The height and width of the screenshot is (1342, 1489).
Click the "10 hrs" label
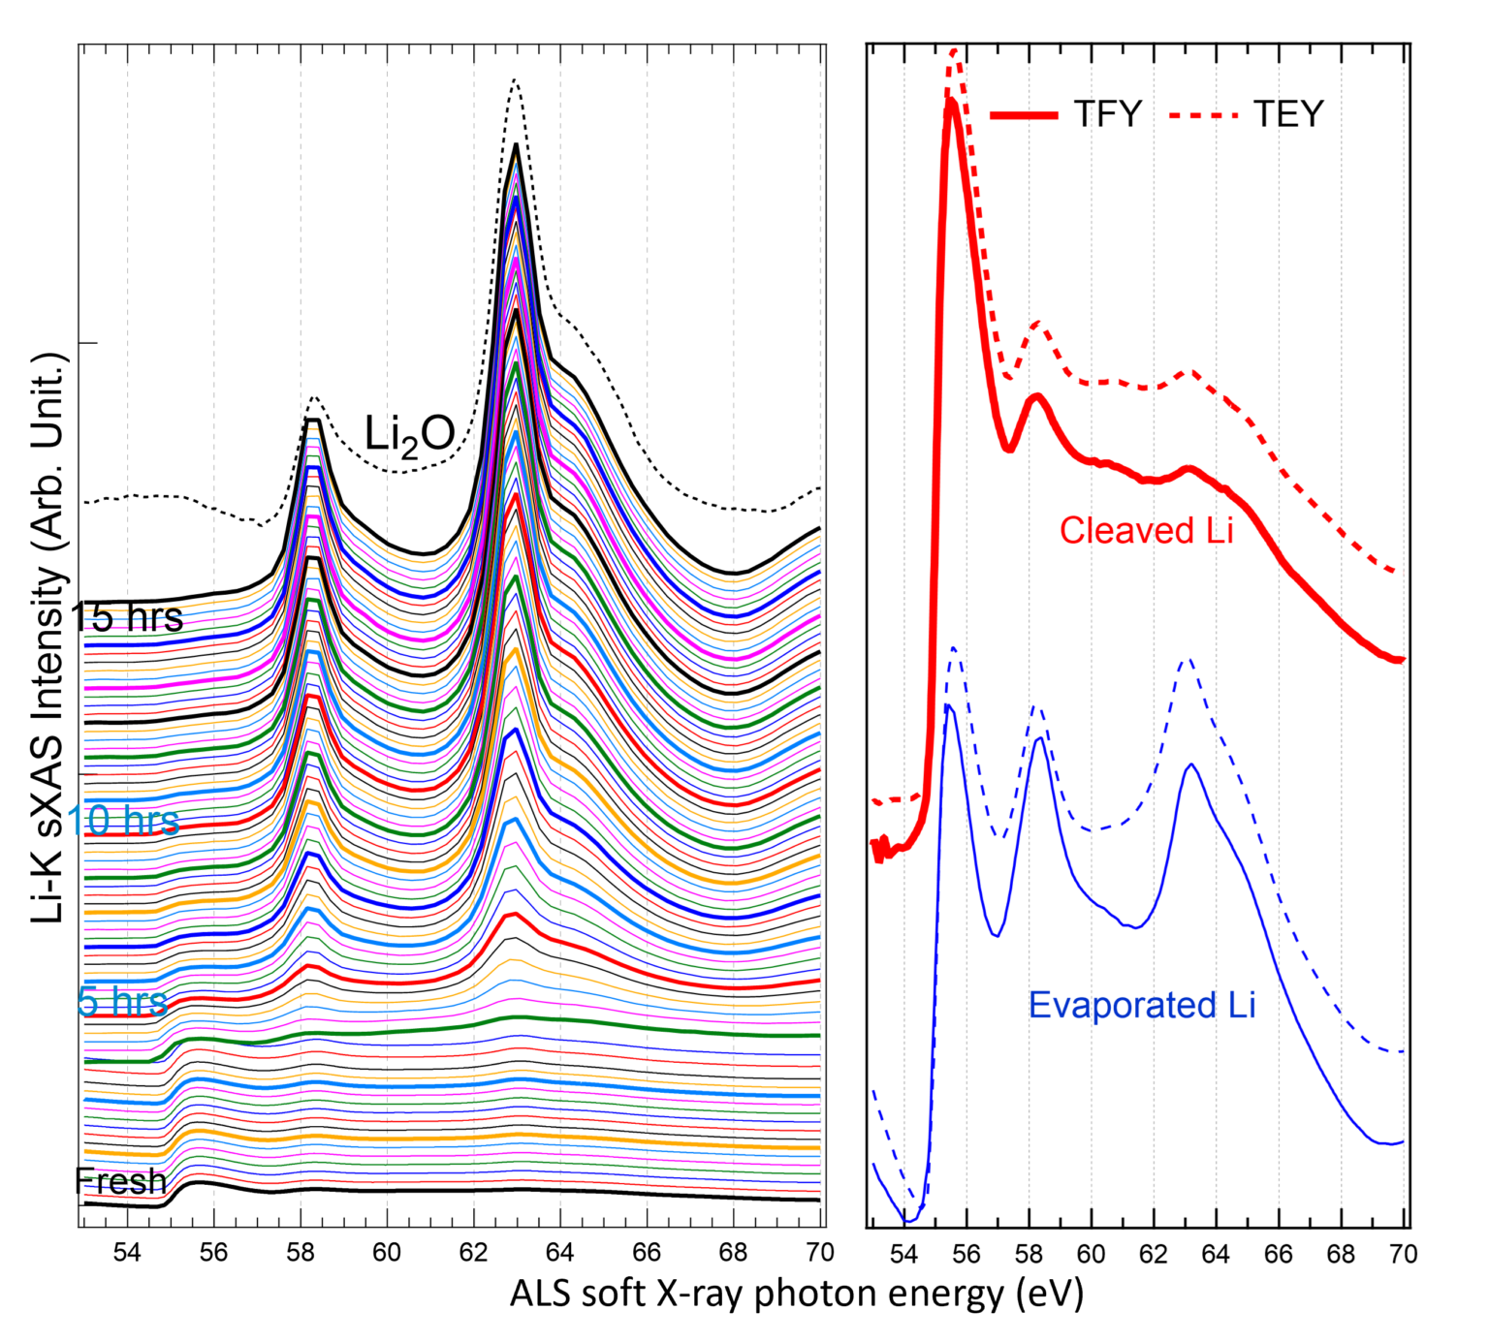(x=123, y=821)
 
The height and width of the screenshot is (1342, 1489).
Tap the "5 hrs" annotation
(x=122, y=1001)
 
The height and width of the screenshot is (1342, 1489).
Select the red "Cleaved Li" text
(x=1146, y=531)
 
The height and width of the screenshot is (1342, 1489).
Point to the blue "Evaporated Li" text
(x=1142, y=1006)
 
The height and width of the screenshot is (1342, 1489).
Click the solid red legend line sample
(x=1024, y=115)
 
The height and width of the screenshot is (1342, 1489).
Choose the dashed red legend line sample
(x=1203, y=115)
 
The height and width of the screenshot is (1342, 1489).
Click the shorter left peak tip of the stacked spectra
(x=313, y=429)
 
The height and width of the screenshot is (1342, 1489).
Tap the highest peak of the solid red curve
(x=951, y=101)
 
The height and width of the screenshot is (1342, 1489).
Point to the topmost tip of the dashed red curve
(x=954, y=49)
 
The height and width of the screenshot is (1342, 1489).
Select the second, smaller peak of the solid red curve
(x=1037, y=394)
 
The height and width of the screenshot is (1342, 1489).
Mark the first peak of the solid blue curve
(x=950, y=706)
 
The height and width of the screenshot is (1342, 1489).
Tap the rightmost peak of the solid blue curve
(x=1191, y=765)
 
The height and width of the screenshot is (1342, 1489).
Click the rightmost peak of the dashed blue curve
(x=1188, y=659)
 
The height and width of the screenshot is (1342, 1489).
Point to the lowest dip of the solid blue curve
(x=910, y=1221)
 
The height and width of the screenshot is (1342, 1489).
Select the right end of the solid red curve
(x=1402, y=660)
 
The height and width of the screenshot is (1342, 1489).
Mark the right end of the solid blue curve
(x=1401, y=1142)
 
